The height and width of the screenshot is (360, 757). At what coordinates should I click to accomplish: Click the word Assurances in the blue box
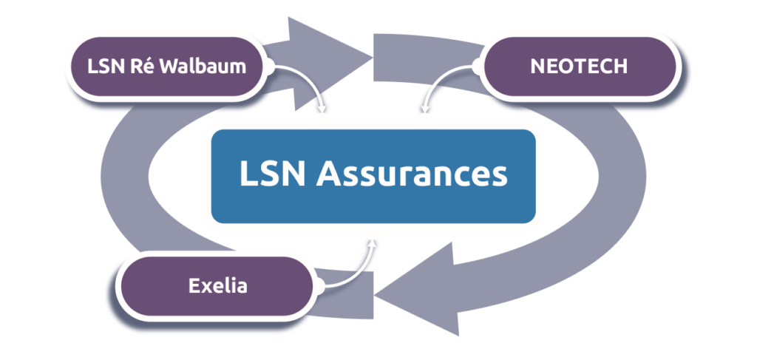point(413,175)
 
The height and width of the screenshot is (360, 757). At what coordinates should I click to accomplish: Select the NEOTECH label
point(579,66)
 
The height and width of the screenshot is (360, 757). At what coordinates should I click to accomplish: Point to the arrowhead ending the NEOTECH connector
point(424,112)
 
